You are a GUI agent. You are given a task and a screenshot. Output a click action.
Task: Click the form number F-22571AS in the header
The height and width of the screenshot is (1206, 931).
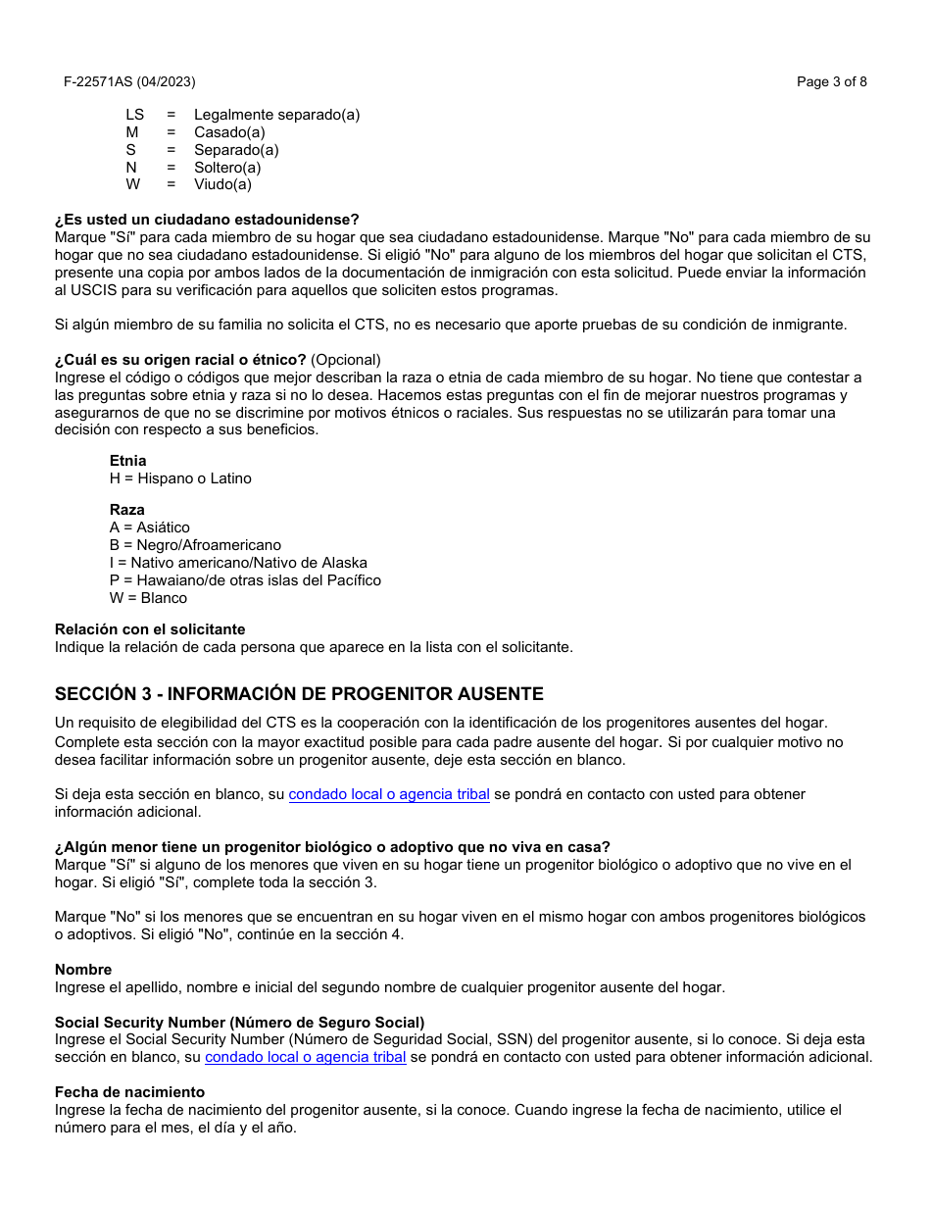[98, 82]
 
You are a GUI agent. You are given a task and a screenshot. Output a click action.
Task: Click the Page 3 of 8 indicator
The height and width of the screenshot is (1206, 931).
[831, 82]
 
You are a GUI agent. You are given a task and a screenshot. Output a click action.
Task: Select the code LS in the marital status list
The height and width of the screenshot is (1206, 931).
[134, 115]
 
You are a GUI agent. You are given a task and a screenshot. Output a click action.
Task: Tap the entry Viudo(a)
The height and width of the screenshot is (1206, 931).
[222, 184]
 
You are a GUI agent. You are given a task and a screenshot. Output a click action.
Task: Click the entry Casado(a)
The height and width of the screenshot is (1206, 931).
[229, 132]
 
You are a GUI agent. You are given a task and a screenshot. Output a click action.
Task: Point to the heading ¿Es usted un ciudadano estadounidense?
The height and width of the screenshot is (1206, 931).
[207, 220]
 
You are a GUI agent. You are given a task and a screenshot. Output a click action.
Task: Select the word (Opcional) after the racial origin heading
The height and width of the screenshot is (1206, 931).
[346, 360]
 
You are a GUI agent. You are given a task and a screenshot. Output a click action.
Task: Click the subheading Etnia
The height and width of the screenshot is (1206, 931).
[127, 461]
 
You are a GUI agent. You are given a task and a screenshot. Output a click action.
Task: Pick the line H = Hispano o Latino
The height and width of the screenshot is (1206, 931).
[180, 478]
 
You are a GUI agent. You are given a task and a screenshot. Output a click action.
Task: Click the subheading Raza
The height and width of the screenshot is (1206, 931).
[126, 510]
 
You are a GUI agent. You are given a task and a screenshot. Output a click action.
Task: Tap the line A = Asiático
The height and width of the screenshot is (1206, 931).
[150, 528]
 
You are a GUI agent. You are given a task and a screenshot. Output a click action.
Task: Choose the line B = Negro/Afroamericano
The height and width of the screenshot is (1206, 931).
[195, 545]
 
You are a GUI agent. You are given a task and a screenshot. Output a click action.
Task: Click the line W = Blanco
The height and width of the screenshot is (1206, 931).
[148, 598]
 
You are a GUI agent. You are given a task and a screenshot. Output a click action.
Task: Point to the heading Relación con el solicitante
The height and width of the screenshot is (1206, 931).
[150, 629]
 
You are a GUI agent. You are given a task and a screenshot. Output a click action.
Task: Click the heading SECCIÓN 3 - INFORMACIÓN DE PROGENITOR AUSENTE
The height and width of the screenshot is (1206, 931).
[299, 694]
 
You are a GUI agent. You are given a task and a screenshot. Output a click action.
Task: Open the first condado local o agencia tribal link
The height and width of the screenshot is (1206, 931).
[389, 794]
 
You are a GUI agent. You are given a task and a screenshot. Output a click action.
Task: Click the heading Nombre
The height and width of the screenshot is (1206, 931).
[83, 970]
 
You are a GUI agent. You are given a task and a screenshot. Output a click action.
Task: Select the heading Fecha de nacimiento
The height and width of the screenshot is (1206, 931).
[129, 1092]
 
